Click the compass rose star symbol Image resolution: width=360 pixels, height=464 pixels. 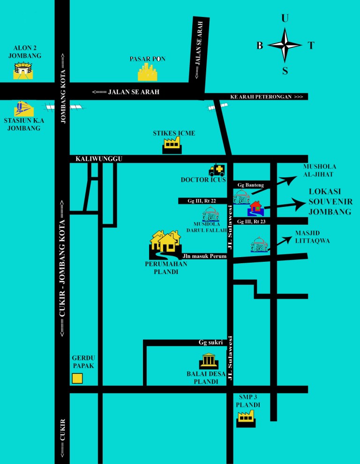pos(285,45)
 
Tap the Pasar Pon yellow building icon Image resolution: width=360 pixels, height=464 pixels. pos(148,73)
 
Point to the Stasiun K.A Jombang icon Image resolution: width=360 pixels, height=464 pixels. pos(23,109)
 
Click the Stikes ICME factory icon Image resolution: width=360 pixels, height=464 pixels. pos(172,145)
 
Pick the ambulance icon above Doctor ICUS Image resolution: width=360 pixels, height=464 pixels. pos(217,170)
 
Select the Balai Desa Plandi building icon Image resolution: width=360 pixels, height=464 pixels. pos(208,361)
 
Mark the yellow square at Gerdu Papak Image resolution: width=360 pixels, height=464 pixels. pos(77,378)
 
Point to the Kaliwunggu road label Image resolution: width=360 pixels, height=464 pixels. pos(99,160)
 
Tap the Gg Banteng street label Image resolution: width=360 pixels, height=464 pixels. pos(251,185)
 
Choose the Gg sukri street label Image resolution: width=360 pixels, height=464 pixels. pos(210,342)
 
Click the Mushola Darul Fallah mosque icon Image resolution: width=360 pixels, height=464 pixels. pos(211,214)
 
